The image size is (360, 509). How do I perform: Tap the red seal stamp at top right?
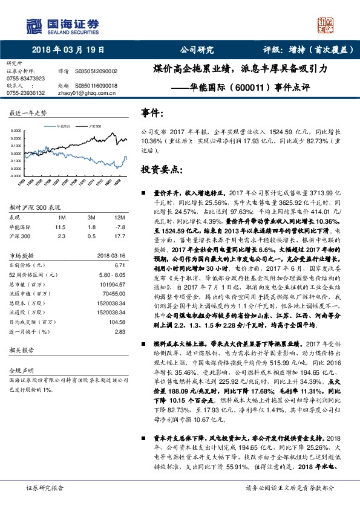point(327,27)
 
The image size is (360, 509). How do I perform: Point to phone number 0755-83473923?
point(25,79)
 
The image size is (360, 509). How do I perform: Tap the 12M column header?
point(119,216)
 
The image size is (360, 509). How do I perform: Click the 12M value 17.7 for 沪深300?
point(119,235)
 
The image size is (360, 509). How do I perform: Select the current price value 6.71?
point(120,265)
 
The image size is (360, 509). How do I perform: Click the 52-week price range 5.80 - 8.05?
point(113,273)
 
